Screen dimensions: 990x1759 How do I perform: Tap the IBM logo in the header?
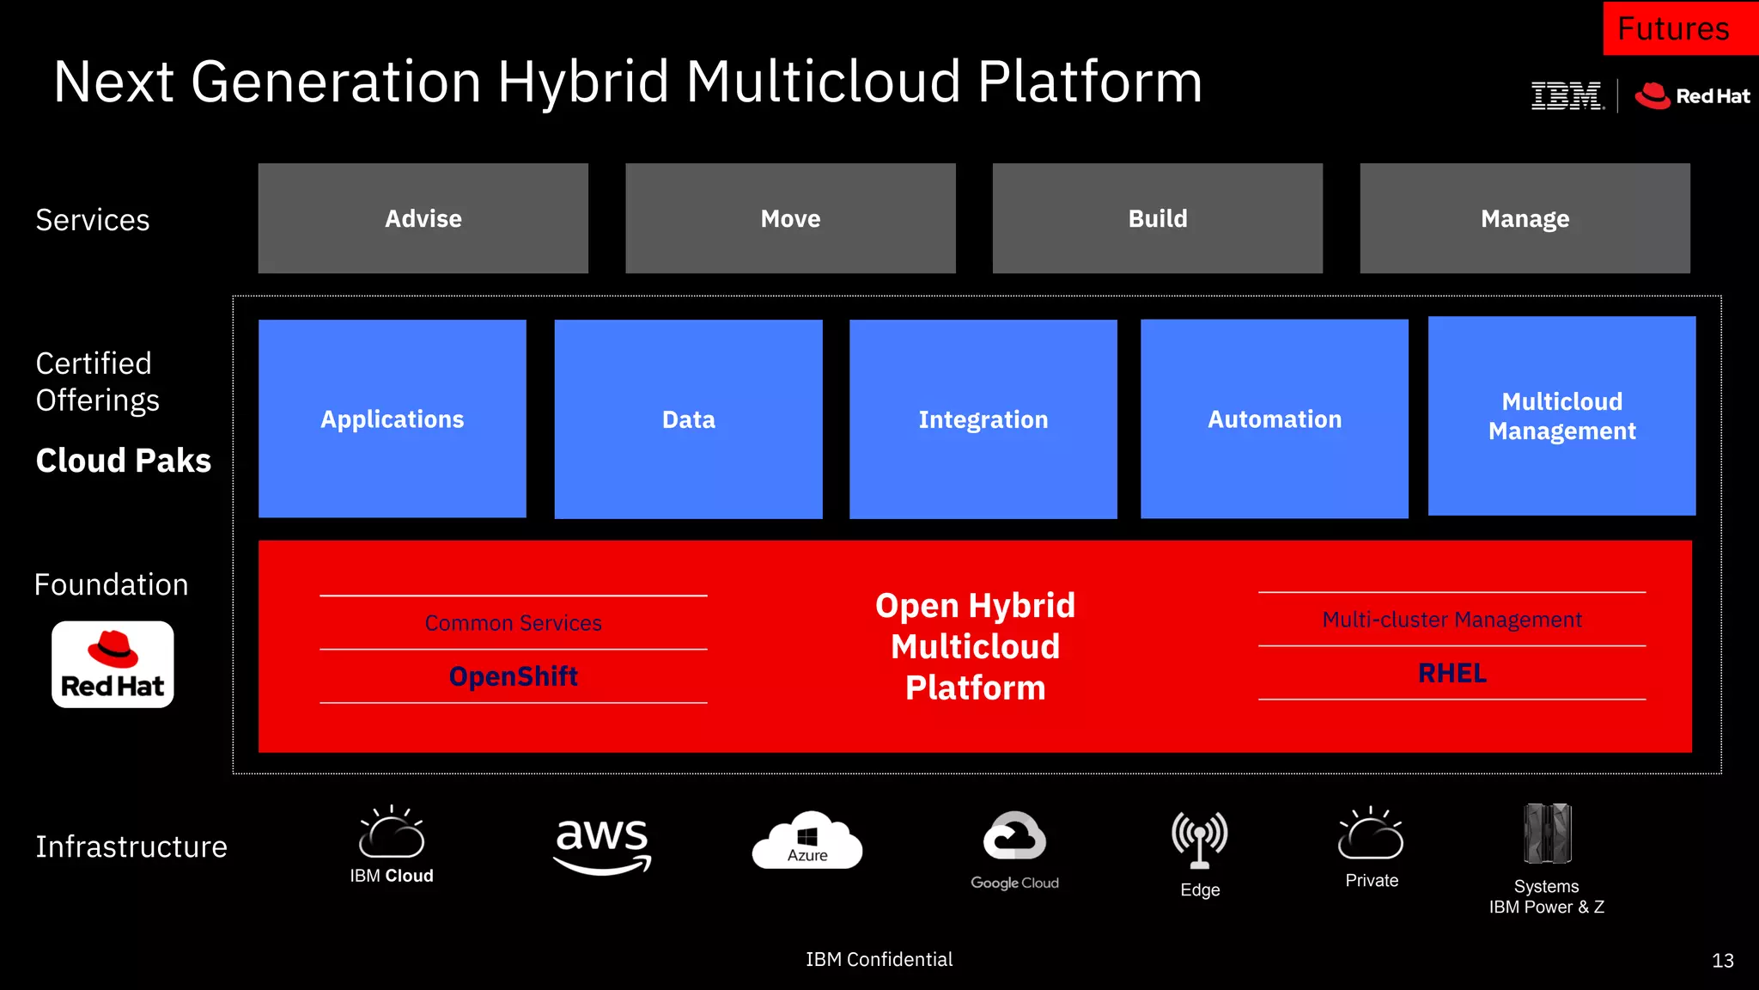point(1567,95)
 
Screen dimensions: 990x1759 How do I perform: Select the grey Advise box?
point(423,218)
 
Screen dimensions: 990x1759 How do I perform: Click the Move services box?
point(790,218)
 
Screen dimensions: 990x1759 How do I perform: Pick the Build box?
point(1157,218)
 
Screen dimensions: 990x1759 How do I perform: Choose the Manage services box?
point(1525,218)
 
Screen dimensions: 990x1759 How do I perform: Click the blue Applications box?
point(392,419)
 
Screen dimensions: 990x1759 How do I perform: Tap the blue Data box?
point(688,419)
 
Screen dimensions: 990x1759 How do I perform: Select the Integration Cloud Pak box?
point(983,419)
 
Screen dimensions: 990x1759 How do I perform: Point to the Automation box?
point(1274,419)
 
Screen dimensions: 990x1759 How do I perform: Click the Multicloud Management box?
point(1561,416)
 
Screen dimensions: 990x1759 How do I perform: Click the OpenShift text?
point(514,676)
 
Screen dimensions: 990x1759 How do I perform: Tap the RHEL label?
point(1452,673)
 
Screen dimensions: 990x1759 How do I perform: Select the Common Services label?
point(514,623)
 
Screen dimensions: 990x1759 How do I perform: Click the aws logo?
point(602,843)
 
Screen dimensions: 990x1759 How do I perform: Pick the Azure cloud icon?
point(806,840)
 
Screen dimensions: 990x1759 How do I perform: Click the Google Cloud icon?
point(1014,835)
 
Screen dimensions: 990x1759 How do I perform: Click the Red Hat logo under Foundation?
point(113,664)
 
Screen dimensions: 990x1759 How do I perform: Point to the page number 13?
point(1722,961)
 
